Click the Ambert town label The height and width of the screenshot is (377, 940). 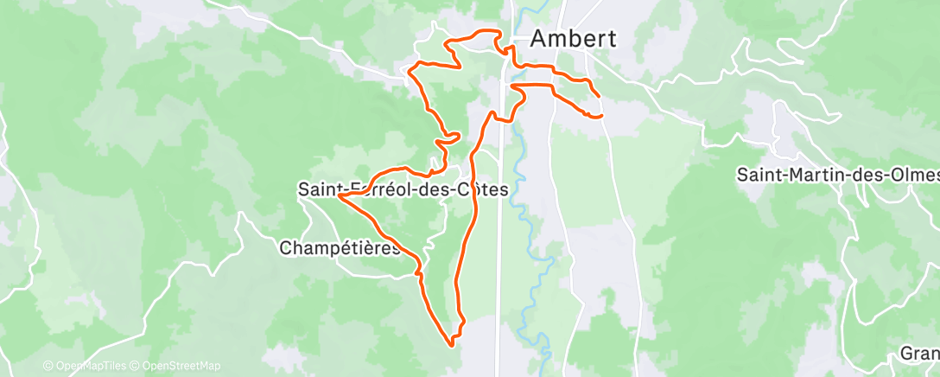[573, 39]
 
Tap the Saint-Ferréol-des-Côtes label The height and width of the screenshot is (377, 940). [402, 188]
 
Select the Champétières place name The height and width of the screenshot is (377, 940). [340, 248]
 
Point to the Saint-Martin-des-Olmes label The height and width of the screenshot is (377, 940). [837, 175]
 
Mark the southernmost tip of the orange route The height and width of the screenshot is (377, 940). [452, 344]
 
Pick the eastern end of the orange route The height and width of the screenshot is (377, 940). [600, 115]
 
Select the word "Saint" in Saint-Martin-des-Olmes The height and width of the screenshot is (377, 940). [759, 175]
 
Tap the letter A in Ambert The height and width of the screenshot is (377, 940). [539, 39]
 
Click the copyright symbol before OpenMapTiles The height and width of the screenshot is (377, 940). [48, 366]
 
